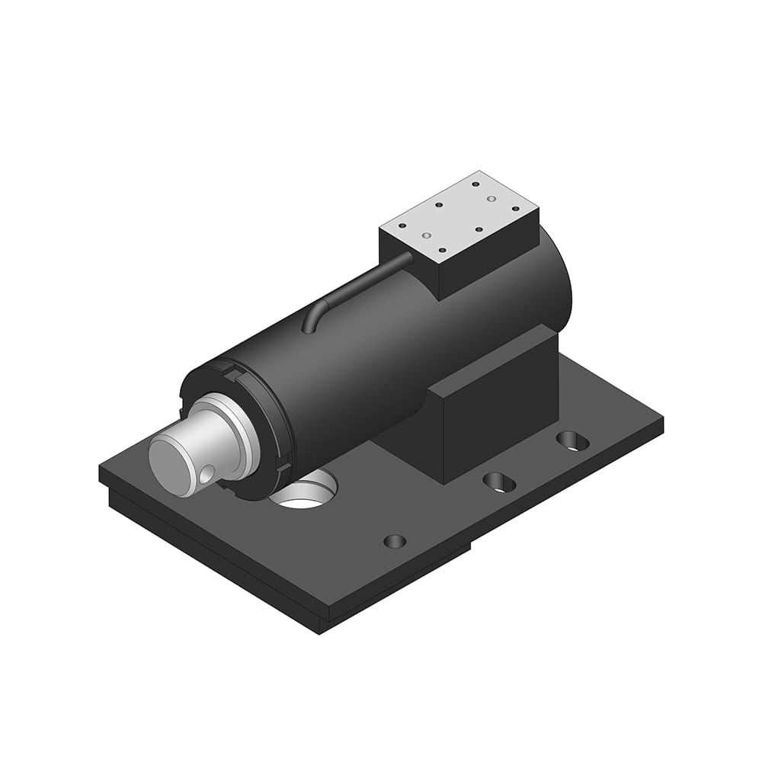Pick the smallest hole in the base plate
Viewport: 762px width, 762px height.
[x=395, y=541]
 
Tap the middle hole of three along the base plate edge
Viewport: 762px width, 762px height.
[x=499, y=481]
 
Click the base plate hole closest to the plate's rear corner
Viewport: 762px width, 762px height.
[x=571, y=440]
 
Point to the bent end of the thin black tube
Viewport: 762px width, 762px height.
[x=308, y=324]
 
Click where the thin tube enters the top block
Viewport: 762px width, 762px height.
[x=409, y=256]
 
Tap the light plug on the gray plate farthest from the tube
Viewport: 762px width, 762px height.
[x=491, y=198]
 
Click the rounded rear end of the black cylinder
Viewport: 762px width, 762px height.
[x=560, y=282]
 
